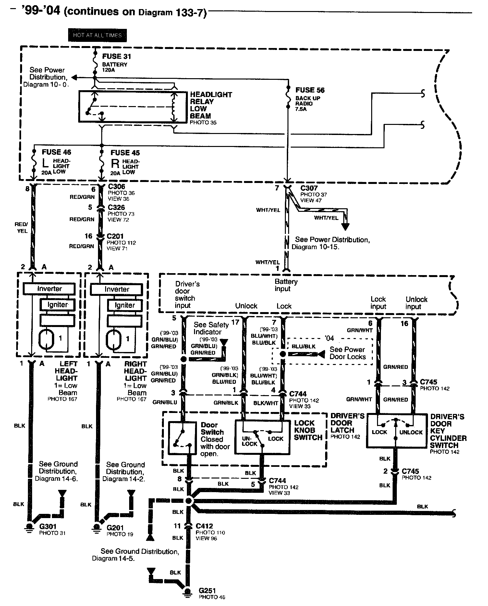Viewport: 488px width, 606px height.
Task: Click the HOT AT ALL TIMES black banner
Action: pos(97,35)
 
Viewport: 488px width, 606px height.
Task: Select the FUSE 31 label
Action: pos(116,56)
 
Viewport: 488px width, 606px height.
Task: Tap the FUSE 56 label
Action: pos(310,90)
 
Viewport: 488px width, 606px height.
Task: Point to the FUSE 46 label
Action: pos(56,152)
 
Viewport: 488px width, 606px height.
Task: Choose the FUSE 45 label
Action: pos(125,152)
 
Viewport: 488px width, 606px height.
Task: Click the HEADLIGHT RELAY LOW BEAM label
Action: pos(211,105)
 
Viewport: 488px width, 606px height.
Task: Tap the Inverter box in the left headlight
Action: pos(49,289)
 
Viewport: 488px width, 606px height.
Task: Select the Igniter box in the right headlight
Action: pos(125,305)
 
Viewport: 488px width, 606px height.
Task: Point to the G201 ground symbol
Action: pos(96,527)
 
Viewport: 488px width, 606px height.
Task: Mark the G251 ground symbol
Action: pos(187,592)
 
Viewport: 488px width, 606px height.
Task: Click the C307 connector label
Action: pos(309,188)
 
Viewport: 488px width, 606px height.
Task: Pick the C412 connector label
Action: pos(204,526)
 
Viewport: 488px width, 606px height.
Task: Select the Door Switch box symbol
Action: pos(182,438)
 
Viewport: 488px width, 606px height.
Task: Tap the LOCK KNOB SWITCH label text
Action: pos(308,430)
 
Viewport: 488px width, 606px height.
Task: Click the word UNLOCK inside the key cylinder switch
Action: pos(411,432)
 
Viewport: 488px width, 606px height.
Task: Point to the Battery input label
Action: pos(286,285)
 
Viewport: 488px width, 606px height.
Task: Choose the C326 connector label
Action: pos(116,207)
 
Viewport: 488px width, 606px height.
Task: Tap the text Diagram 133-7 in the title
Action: pos(172,13)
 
